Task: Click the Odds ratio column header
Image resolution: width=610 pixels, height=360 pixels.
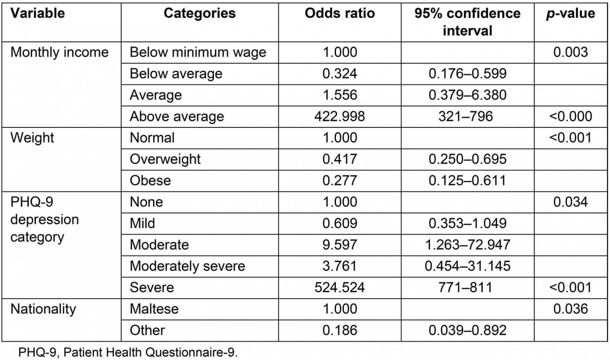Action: [340, 14]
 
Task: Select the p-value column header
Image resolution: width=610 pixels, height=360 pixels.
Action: [570, 14]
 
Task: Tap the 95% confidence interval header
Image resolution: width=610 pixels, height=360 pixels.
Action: [467, 22]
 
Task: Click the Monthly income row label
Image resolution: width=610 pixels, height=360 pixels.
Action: [59, 52]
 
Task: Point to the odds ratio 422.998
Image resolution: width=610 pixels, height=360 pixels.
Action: [340, 116]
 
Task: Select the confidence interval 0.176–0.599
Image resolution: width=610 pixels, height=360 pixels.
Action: [467, 74]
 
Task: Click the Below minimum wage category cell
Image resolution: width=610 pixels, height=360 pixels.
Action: [198, 52]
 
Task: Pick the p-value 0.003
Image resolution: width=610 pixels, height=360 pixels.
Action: [570, 52]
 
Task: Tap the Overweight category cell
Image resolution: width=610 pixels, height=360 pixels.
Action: [165, 159]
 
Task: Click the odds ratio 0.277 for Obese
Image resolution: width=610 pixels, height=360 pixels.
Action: [340, 180]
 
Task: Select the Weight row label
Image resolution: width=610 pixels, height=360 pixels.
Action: [32, 138]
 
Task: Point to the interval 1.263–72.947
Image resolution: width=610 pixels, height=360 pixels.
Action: [467, 244]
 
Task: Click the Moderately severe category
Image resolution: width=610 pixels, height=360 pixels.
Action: [187, 266]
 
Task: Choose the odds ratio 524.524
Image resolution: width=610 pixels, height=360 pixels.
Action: [340, 287]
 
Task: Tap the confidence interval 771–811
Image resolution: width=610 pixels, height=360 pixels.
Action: [467, 287]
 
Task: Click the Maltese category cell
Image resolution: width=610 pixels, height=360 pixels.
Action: [154, 309]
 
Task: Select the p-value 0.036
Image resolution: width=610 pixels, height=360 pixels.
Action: [570, 309]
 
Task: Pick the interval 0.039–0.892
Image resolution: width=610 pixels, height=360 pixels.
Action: [467, 330]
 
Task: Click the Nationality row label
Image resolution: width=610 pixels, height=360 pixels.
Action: [43, 309]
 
